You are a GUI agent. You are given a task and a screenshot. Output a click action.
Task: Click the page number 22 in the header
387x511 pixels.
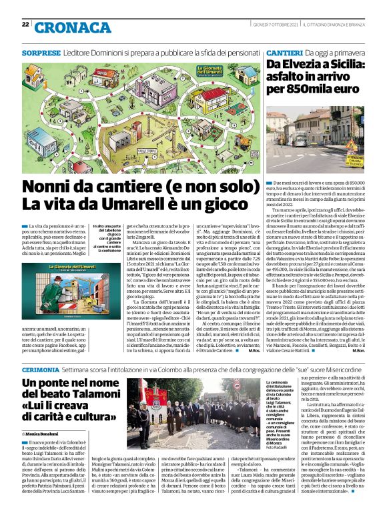click(25, 25)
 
